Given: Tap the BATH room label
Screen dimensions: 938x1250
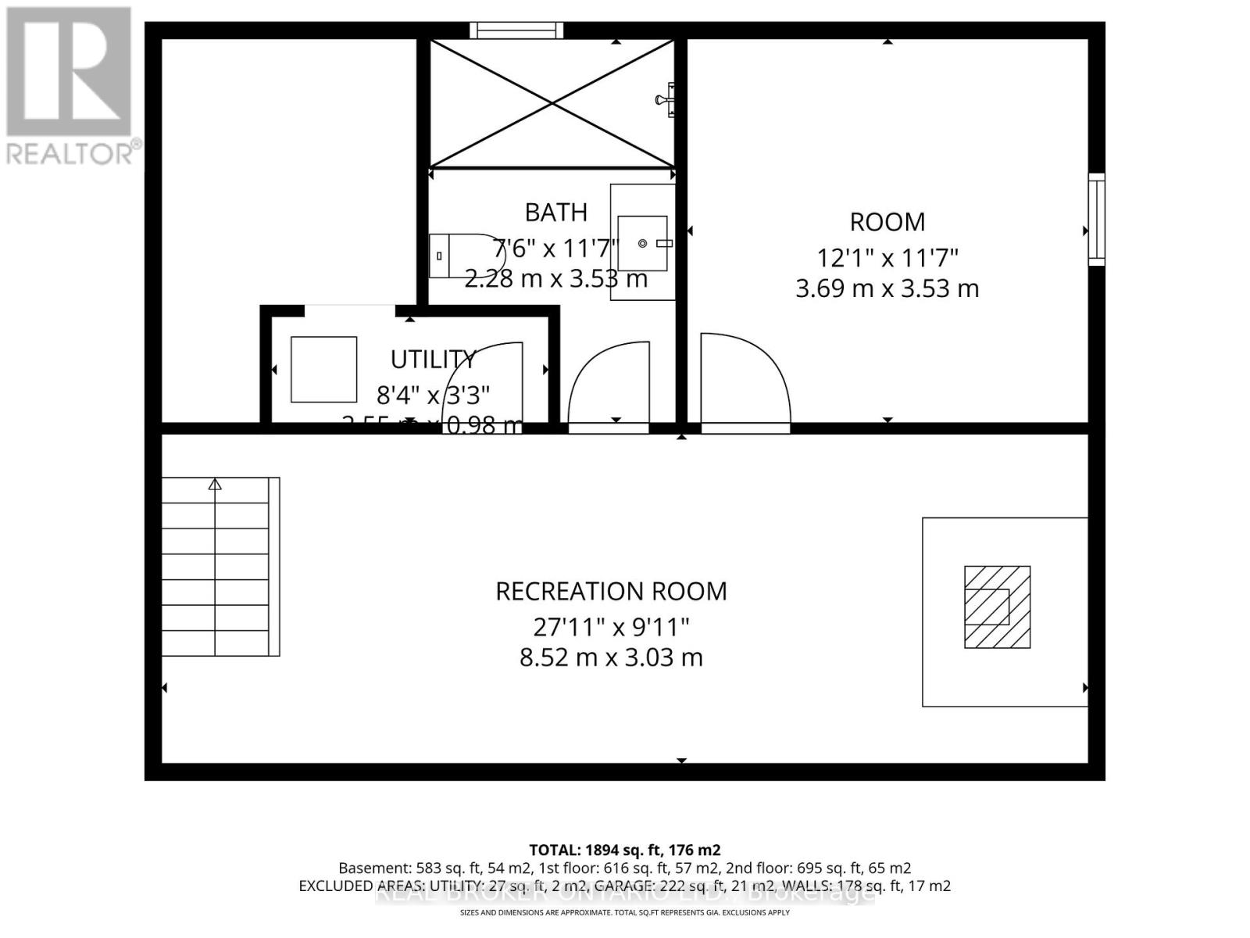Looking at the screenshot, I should click(x=555, y=213).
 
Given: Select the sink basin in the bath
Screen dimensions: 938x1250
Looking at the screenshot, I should click(x=643, y=244).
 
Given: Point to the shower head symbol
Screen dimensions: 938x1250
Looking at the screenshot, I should click(x=666, y=99).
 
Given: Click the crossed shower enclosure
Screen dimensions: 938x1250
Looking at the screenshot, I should click(x=552, y=103).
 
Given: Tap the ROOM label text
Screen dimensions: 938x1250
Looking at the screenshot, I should click(x=887, y=222).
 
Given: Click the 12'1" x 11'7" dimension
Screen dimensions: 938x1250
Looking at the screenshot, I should click(x=887, y=256).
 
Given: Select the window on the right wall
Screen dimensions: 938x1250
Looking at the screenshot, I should click(x=1096, y=220).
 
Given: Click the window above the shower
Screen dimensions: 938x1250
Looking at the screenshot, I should click(x=516, y=30).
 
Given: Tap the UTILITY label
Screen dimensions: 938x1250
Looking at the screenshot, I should click(x=433, y=360).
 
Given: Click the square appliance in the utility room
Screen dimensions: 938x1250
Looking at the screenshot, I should click(x=323, y=370).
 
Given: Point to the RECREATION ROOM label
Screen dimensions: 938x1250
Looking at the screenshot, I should click(x=611, y=592).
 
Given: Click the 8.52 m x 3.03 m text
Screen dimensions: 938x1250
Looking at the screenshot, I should click(x=611, y=657).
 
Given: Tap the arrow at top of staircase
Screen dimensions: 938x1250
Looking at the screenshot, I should click(x=215, y=485).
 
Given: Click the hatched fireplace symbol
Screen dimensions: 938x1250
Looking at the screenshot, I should click(x=997, y=607).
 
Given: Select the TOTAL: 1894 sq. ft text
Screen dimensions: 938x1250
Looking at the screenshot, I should click(x=624, y=850).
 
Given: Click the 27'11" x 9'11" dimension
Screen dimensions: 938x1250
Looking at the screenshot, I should click(x=611, y=626).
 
